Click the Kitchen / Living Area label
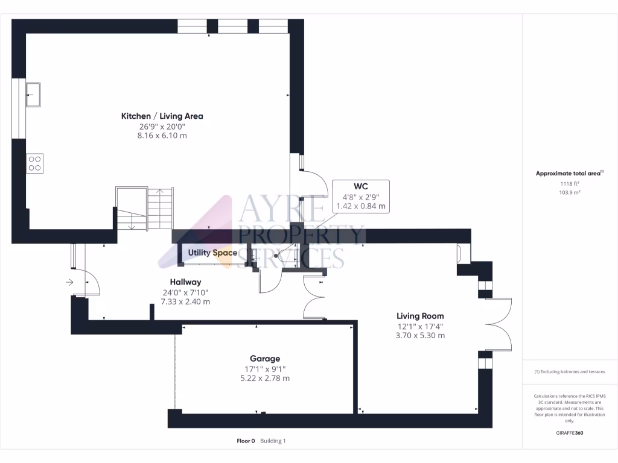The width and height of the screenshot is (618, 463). [x=162, y=116]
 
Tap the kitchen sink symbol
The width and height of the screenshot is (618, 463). [x=34, y=95]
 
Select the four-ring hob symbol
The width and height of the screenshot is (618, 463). [x=34, y=163]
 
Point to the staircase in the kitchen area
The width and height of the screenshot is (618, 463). [x=145, y=208]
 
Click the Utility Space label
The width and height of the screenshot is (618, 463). [x=212, y=253]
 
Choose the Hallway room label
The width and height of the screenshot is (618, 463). [x=185, y=282]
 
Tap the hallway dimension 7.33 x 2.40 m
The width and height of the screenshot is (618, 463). [x=185, y=301]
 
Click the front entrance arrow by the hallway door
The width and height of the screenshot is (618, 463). [x=70, y=281]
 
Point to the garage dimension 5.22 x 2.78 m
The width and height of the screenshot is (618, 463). [x=266, y=378]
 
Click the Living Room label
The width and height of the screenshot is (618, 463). [x=420, y=315]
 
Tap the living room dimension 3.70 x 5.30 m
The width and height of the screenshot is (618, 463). [x=420, y=335]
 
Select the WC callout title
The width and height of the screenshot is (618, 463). [x=361, y=186]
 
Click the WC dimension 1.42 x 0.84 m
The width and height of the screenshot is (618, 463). [x=361, y=206]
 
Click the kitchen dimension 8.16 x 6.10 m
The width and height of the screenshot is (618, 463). [x=162, y=136]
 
